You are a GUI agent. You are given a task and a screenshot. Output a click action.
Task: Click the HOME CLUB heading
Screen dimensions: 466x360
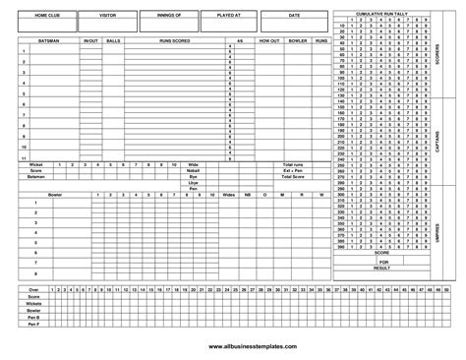click(x=46, y=17)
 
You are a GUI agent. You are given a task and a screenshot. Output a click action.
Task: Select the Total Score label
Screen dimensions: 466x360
click(x=294, y=175)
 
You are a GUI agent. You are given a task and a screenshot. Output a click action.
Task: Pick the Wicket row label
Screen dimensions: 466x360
click(x=35, y=163)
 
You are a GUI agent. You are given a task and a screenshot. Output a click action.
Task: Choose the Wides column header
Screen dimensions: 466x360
click(x=229, y=195)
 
